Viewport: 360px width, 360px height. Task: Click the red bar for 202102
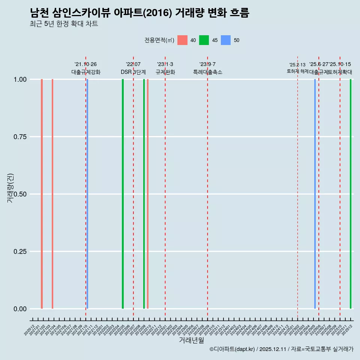click(x=42, y=194)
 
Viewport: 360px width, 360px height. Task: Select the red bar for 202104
click(x=52, y=194)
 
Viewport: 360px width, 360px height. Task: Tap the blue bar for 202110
click(x=87, y=194)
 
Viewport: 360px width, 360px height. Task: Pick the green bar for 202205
click(x=123, y=194)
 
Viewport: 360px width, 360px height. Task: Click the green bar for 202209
click(x=144, y=194)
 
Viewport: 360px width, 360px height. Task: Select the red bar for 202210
click(x=148, y=194)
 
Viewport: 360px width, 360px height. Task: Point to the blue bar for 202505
click(x=315, y=194)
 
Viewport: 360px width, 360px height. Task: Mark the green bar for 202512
click(x=351, y=194)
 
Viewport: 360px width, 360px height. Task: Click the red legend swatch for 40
click(x=182, y=40)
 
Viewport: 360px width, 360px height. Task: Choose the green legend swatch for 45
click(x=204, y=40)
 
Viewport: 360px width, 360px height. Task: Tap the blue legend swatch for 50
click(x=226, y=40)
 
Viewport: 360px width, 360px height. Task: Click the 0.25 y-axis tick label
click(x=19, y=252)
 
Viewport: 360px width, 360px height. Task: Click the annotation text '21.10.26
click(x=85, y=64)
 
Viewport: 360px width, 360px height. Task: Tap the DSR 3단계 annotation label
click(x=133, y=72)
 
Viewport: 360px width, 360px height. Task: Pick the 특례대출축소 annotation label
click(x=207, y=72)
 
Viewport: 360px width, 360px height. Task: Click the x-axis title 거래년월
click(x=191, y=340)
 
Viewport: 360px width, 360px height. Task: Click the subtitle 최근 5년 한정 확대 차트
click(x=64, y=24)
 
